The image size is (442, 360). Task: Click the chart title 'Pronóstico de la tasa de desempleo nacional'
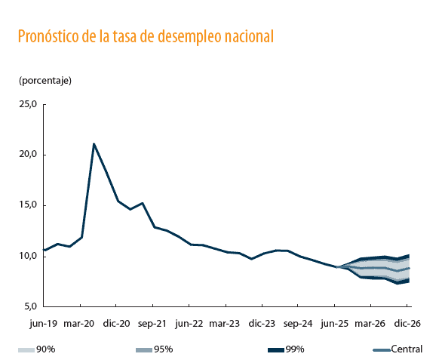[145, 36]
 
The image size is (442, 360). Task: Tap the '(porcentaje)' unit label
[45, 79]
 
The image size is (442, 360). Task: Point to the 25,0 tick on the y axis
[28, 104]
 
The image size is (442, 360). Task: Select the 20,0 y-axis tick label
[28, 155]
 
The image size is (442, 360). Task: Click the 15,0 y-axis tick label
[28, 205]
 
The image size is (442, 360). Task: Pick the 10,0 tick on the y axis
[28, 256]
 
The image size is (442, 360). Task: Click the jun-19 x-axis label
[44, 323]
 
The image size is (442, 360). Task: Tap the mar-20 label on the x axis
[78, 323]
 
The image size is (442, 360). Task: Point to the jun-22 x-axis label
[189, 323]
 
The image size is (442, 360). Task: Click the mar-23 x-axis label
[225, 323]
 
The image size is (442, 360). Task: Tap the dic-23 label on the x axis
[261, 323]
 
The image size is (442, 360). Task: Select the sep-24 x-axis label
[298, 323]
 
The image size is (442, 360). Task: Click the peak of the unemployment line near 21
[94, 143]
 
